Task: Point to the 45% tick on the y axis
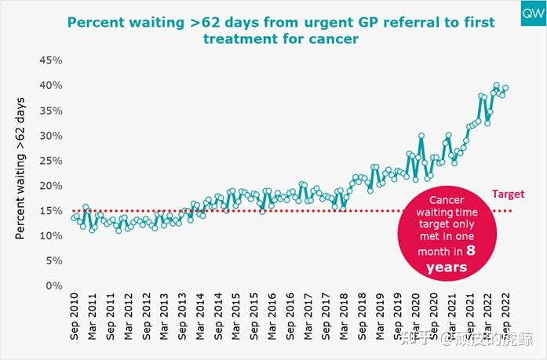tap(50, 60)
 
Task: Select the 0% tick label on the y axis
tap(53, 286)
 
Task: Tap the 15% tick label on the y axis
tap(50, 211)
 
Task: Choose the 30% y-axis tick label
tap(50, 136)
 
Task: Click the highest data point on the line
tap(496, 85)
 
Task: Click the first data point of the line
tap(74, 217)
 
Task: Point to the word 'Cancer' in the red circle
tap(446, 200)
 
